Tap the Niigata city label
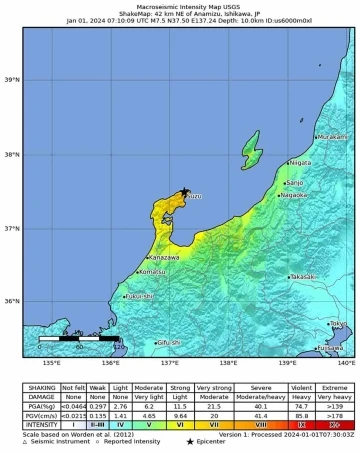(300, 162)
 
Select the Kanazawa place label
(136, 257)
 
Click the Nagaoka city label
(294, 195)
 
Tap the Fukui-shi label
(139, 296)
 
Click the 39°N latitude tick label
(13, 80)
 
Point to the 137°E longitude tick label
(170, 363)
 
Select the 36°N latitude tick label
(13, 301)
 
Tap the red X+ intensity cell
(335, 425)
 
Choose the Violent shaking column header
(300, 388)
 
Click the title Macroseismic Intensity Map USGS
(181, 5)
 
